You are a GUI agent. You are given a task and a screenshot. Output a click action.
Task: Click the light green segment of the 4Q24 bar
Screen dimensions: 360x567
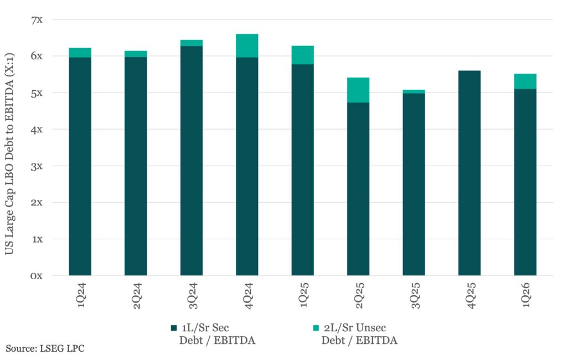(x=247, y=45)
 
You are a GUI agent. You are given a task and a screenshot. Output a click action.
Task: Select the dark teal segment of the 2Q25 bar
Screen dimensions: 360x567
(x=358, y=188)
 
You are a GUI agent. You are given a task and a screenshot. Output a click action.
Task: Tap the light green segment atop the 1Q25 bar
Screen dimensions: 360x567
(x=303, y=55)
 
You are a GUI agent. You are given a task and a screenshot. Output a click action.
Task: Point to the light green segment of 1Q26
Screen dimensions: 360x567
(x=525, y=81)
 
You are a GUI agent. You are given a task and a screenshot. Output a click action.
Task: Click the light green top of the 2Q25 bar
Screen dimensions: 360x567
(x=358, y=90)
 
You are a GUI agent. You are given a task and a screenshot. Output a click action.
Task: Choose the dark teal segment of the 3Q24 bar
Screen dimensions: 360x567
(x=191, y=161)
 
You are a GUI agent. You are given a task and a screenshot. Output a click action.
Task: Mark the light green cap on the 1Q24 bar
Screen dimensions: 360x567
(x=80, y=53)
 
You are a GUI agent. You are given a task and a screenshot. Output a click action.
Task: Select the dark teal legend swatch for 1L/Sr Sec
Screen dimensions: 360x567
(x=173, y=328)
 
